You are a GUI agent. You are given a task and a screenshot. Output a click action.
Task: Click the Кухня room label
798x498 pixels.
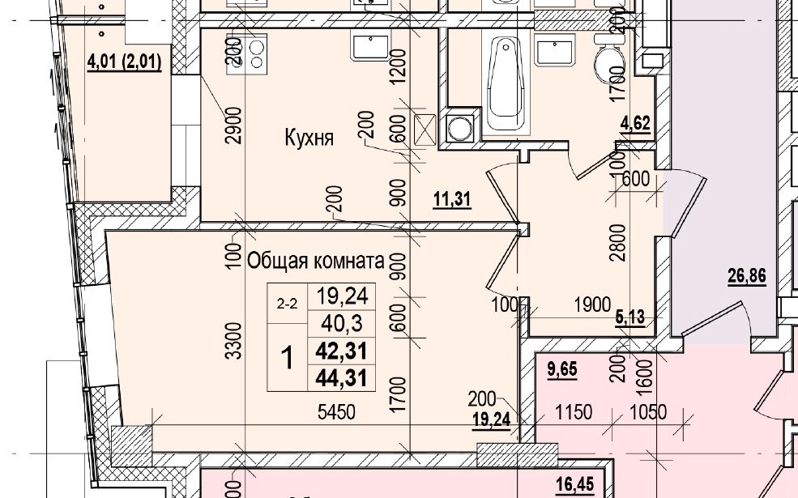point(309,138)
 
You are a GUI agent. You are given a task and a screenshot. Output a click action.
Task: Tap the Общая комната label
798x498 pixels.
point(315,261)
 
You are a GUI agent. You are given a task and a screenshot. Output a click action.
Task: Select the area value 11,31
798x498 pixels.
point(452,199)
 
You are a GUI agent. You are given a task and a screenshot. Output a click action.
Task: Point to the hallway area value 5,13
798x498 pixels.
point(630,317)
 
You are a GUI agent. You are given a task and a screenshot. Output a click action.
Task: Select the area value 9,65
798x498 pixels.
point(562,368)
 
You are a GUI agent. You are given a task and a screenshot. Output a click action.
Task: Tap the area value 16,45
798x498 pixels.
point(575,484)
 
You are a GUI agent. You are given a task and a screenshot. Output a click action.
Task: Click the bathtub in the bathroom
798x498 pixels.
point(506,84)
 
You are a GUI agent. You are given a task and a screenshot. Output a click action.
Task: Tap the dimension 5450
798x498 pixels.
point(336,412)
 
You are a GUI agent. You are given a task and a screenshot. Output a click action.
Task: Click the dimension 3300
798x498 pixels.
point(233,340)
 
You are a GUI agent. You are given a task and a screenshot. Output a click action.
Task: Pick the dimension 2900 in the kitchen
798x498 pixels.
point(233,126)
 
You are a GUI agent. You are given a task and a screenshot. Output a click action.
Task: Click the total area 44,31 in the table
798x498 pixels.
point(341,378)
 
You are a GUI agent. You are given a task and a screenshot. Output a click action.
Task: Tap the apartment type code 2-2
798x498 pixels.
point(287,304)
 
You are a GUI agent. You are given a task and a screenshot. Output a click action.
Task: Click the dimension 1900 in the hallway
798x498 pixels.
point(592,304)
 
